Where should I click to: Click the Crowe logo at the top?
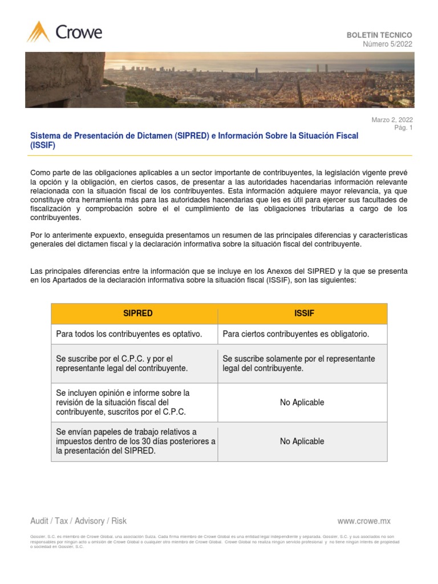64,32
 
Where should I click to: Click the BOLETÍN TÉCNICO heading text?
379,35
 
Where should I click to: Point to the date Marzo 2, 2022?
392,120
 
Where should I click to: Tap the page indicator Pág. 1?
403,128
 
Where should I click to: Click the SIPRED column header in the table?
137,314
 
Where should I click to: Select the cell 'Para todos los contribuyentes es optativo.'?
129,334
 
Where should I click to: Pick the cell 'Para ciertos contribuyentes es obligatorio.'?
295,334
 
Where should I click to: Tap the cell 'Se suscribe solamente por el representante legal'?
298,363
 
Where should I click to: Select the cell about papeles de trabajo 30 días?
135,441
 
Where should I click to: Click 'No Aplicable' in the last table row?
302,441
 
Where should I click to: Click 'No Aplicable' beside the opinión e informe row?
302,402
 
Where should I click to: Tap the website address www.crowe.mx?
364,521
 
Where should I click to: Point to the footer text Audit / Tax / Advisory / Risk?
78,521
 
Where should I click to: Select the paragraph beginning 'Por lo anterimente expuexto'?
219,240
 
